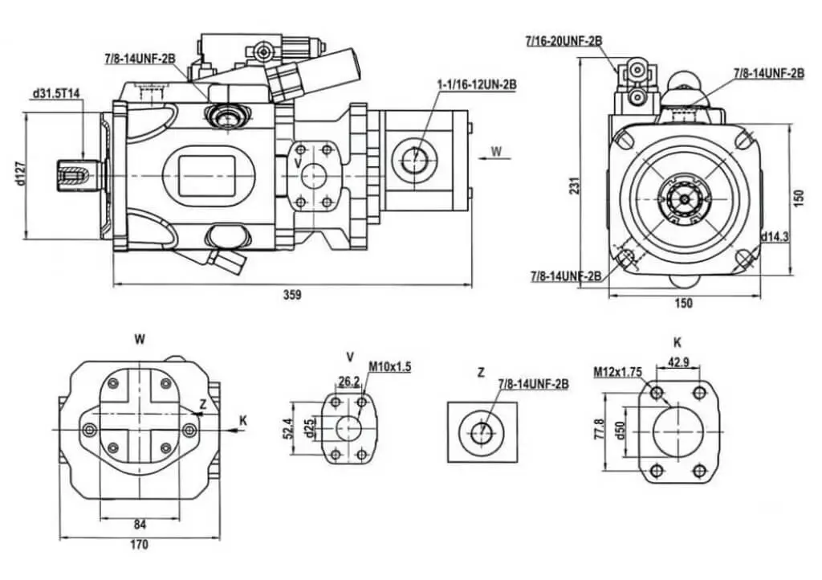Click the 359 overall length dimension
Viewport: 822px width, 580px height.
(x=292, y=295)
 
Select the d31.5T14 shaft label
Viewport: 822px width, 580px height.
(x=56, y=94)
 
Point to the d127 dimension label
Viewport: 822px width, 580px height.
(x=20, y=174)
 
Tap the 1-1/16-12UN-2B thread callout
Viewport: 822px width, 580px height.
(x=477, y=84)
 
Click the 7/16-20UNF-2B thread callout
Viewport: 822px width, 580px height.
(x=564, y=40)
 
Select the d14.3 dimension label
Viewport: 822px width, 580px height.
(x=775, y=236)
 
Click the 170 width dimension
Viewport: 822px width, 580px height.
(x=139, y=545)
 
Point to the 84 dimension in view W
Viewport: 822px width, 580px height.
(x=140, y=524)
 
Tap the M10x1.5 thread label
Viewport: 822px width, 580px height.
(x=390, y=366)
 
